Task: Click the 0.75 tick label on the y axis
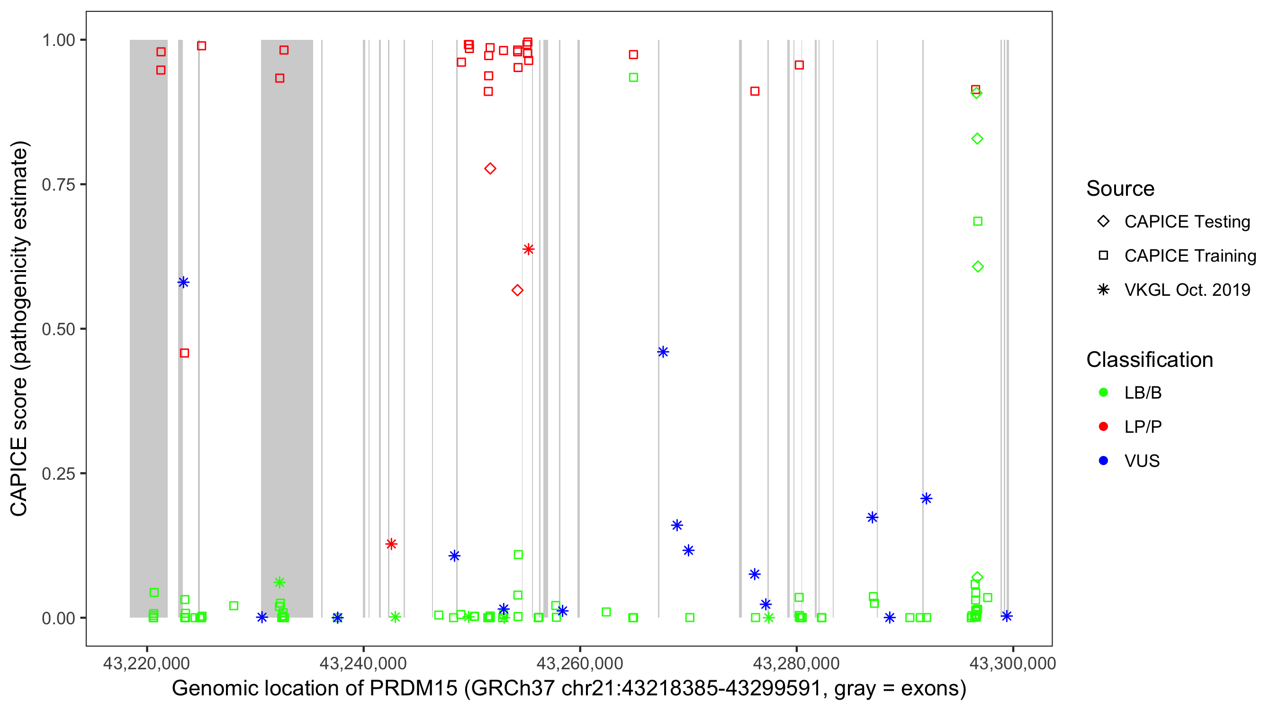58,185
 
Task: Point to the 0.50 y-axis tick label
58,329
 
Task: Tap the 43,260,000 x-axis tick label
579,663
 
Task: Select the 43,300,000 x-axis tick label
1013,663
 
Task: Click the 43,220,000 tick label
146,663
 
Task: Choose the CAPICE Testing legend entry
1187,222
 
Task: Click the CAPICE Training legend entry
1189,256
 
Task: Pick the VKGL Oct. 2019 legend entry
1187,290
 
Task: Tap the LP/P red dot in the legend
1103,427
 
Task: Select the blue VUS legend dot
1103,461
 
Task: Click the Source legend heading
1120,189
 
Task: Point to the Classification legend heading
1149,360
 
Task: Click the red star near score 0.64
528,249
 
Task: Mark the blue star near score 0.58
183,283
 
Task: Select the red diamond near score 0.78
490,169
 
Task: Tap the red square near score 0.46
184,353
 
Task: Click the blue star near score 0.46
663,352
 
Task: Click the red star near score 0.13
391,544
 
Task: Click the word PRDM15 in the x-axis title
413,689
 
